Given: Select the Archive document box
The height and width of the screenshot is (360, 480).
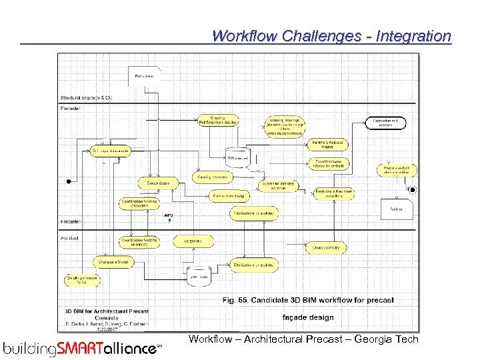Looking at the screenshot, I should pos(396,209).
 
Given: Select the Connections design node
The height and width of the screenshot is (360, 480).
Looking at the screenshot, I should pos(229,196).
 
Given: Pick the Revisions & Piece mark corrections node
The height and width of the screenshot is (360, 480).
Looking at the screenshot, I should pos(334,193).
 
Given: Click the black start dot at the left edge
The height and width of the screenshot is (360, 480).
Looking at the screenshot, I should pos(68,181).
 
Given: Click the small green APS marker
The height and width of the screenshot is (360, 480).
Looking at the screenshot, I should pos(170,219).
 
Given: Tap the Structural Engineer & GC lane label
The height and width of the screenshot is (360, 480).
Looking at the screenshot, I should pos(86,98).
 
